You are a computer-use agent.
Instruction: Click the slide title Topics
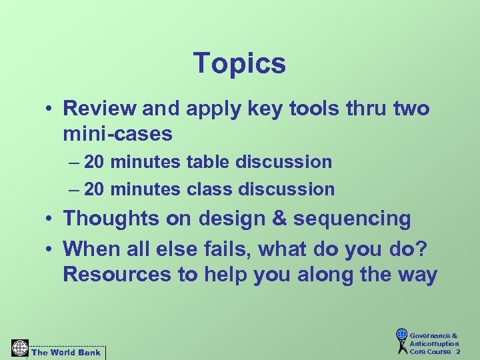click(x=239, y=64)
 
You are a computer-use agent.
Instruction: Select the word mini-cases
click(x=117, y=134)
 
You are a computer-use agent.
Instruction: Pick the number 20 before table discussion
click(x=95, y=162)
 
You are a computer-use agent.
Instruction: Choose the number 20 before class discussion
click(x=95, y=189)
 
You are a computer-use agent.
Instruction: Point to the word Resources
click(x=117, y=275)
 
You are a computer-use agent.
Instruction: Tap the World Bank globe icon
click(x=20, y=349)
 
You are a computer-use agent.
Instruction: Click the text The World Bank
click(x=66, y=352)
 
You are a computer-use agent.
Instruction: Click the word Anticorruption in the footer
click(x=434, y=344)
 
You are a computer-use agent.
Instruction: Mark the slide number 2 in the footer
click(x=457, y=352)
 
